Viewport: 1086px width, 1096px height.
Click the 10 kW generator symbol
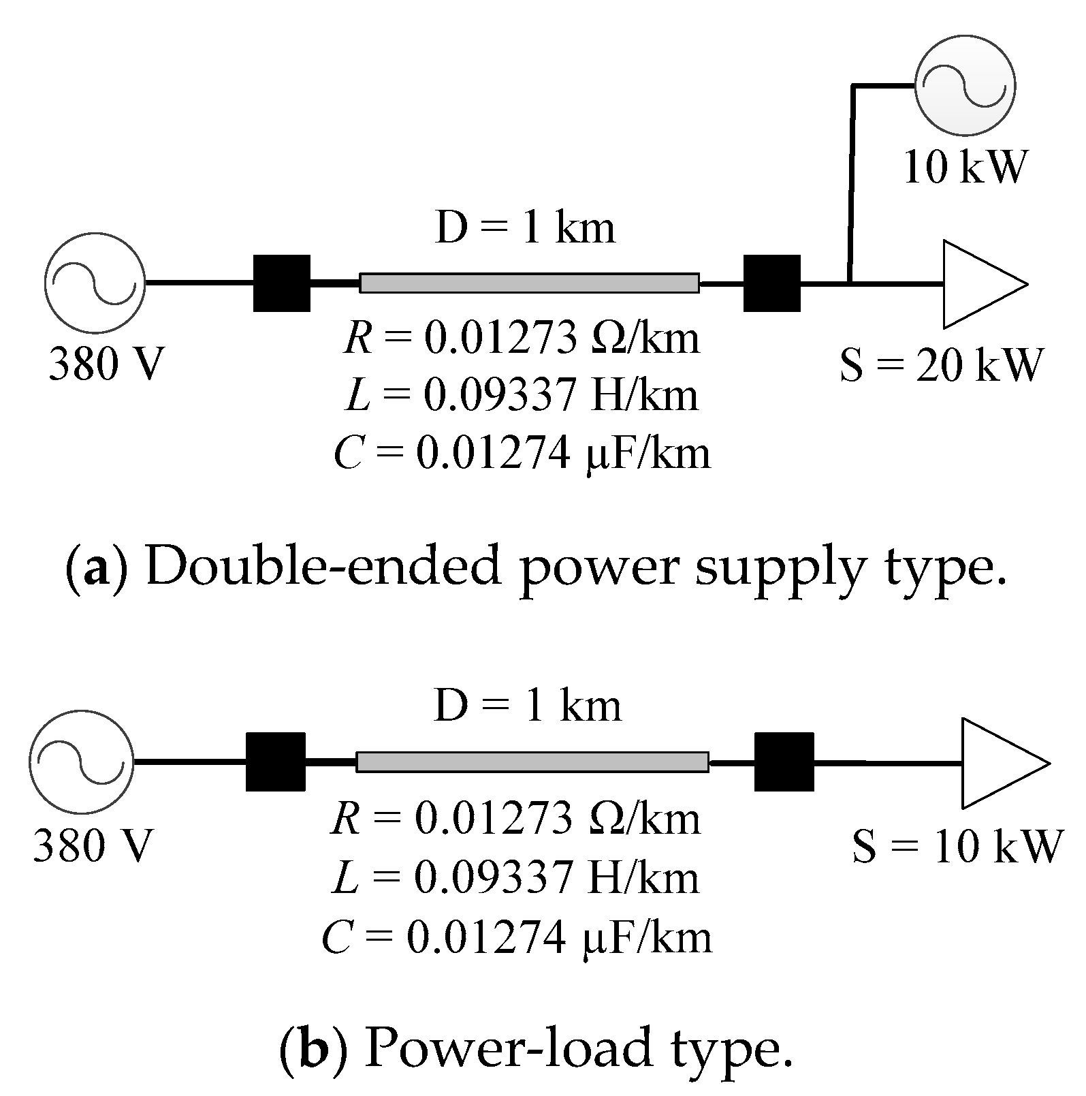tap(964, 86)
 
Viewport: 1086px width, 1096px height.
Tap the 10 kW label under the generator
tap(964, 167)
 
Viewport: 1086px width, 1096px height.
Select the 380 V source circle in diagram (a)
tap(95, 282)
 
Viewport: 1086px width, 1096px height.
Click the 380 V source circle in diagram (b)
tap(81, 762)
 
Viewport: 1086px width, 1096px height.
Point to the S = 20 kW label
tap(941, 365)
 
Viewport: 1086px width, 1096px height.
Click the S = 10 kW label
tap(957, 846)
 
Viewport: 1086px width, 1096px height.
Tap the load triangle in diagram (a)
tap(977, 283)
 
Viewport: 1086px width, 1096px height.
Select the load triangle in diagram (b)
tap(997, 763)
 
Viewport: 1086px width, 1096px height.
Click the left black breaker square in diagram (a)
tap(281, 283)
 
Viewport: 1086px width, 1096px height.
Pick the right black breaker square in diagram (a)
tap(771, 283)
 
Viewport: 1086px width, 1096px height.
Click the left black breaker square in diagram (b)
tap(275, 762)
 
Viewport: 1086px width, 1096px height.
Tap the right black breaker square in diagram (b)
tap(784, 762)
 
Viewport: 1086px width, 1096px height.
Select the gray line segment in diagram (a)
tap(529, 283)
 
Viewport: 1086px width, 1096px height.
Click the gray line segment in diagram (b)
tap(532, 762)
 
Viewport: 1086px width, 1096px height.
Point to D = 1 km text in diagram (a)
tap(525, 229)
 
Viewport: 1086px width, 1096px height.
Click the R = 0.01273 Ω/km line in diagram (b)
tap(515, 819)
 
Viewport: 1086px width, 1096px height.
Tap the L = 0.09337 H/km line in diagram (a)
tap(522, 396)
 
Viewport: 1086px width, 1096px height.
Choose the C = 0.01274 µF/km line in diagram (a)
tap(522, 453)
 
